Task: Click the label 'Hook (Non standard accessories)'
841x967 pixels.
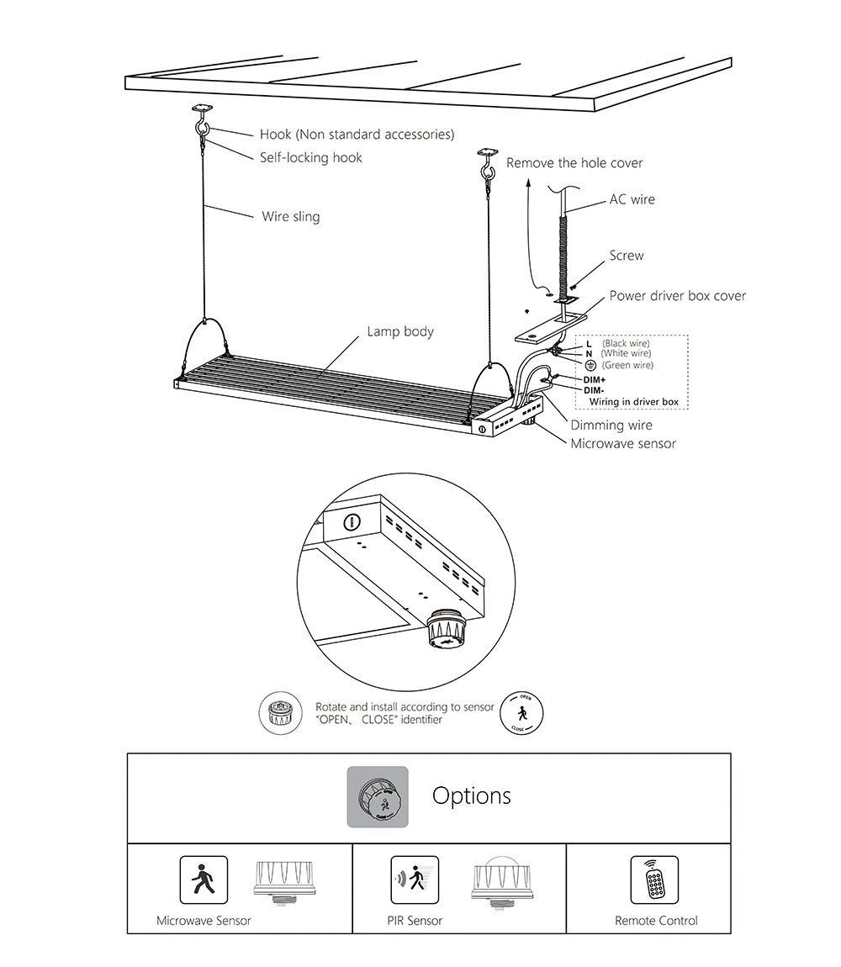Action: pos(357,135)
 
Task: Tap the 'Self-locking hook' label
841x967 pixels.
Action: pos(310,157)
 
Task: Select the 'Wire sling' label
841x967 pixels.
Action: pos(290,217)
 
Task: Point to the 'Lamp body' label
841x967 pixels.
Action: pos(400,331)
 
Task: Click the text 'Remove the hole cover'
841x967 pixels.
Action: pos(574,162)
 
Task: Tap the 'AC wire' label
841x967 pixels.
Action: pos(632,200)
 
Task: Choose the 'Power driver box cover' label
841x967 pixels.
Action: pos(677,296)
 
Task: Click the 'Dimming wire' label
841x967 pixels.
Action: pos(611,425)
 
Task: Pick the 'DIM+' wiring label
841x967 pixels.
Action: pos(594,380)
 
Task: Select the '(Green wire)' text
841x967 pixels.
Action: pos(627,365)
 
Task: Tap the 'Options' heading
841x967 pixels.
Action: pos(471,795)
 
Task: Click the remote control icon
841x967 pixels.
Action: pos(653,880)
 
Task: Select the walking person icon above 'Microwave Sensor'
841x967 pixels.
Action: pos(204,880)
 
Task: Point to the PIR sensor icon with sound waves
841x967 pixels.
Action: pos(415,880)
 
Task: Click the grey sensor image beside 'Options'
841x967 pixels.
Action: pos(378,796)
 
